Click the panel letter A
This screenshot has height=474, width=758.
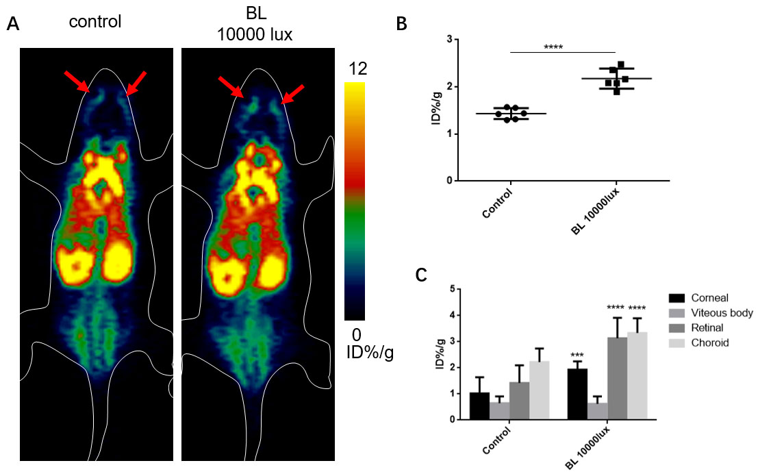coord(12,25)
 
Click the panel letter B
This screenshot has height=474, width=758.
coord(402,23)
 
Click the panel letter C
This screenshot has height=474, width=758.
coord(423,275)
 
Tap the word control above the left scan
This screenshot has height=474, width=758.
coord(95,21)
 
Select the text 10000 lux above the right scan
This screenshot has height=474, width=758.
coord(255,34)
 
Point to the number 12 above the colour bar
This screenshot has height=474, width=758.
coord(357,69)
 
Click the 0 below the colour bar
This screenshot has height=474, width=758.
coord(355,335)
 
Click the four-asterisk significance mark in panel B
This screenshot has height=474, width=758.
coord(553,47)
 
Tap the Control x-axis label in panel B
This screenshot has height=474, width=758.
coord(498,203)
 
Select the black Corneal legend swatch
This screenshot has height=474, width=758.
coord(677,298)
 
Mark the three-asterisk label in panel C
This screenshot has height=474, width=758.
coord(578,354)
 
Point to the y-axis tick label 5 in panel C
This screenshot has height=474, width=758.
coord(451,289)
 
